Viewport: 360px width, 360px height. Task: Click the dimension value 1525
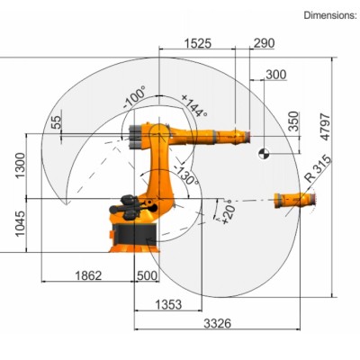199,43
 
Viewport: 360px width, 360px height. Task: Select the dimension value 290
265,43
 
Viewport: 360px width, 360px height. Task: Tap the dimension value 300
276,74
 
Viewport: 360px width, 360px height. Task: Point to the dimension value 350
292,122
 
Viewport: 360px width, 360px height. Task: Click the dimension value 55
57,122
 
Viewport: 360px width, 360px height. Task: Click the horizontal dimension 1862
88,275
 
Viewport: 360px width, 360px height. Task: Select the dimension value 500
146,275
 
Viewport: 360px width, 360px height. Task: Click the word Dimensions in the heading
329,15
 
